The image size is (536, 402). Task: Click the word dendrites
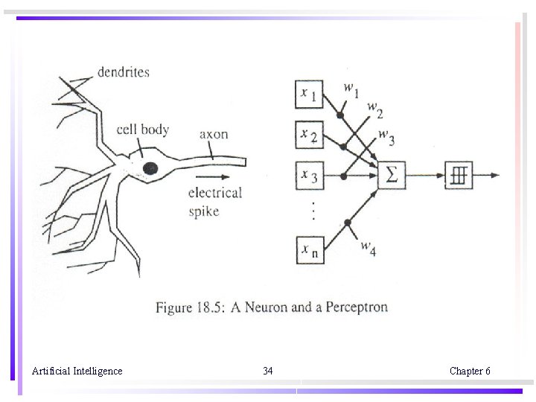click(x=123, y=72)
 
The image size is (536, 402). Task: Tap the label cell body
click(x=143, y=130)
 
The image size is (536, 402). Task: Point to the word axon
click(x=214, y=134)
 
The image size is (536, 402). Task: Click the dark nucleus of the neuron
click(x=150, y=168)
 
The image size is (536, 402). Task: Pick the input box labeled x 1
click(x=309, y=95)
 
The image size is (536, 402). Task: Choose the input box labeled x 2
click(x=309, y=135)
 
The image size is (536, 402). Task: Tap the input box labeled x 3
click(x=309, y=177)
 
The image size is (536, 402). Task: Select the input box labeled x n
click(x=309, y=250)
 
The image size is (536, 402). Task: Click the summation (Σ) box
click(x=391, y=176)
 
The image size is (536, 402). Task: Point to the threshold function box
click(x=458, y=176)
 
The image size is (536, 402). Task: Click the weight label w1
click(x=351, y=89)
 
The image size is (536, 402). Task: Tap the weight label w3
click(x=386, y=136)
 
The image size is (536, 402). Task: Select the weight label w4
click(x=368, y=248)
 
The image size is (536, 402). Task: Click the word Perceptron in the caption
click(x=357, y=307)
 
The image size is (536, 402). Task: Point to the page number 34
click(x=268, y=371)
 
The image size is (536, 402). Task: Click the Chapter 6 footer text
click(x=470, y=371)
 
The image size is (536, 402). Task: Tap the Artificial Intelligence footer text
click(x=77, y=371)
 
